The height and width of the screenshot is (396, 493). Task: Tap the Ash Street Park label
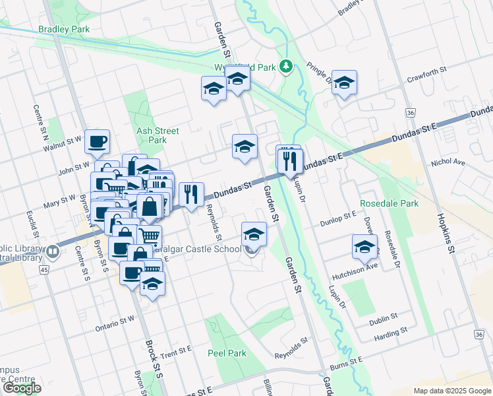point(157,135)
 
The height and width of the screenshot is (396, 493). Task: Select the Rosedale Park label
point(389,203)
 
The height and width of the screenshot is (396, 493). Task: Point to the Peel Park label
point(227,353)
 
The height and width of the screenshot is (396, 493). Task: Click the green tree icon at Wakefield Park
point(285,66)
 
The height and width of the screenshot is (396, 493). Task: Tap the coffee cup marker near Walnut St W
point(97,140)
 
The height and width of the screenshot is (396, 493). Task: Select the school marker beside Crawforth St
point(344,82)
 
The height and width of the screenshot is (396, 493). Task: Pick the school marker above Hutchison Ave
point(364,246)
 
